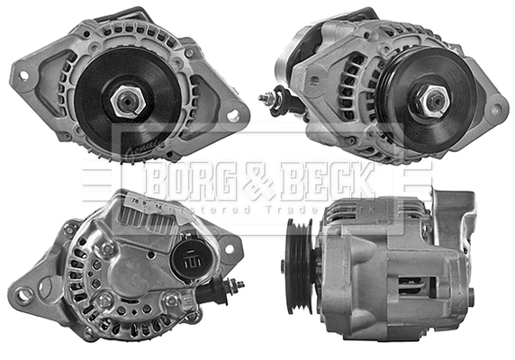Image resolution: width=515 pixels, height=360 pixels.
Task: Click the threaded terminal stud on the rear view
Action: coord(236,287)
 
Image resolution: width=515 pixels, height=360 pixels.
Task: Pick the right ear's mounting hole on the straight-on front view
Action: coord(234,115)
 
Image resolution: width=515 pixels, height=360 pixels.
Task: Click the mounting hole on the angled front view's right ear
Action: coord(492,111)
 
